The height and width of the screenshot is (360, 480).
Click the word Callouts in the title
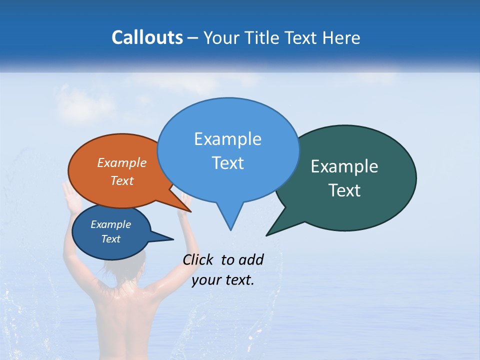[x=147, y=37]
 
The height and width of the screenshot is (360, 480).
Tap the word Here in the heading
[x=341, y=37]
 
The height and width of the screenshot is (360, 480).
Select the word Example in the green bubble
[x=344, y=166]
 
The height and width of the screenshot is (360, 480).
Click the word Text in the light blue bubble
[x=228, y=163]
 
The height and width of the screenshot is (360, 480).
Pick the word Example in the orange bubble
[x=122, y=162]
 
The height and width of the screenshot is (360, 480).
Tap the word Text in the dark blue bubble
[x=111, y=239]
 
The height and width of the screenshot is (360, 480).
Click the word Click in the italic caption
[x=198, y=259]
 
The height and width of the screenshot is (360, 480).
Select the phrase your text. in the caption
[x=223, y=280]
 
